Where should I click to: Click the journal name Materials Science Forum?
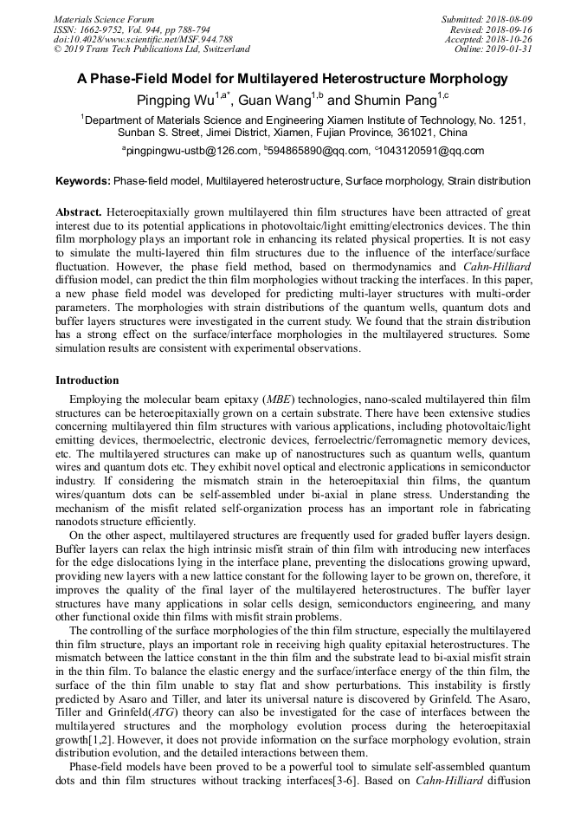104,19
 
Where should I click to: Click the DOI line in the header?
143,39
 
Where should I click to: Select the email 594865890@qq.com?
320,152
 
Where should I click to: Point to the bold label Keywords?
83,182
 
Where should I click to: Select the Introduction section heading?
87,380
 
